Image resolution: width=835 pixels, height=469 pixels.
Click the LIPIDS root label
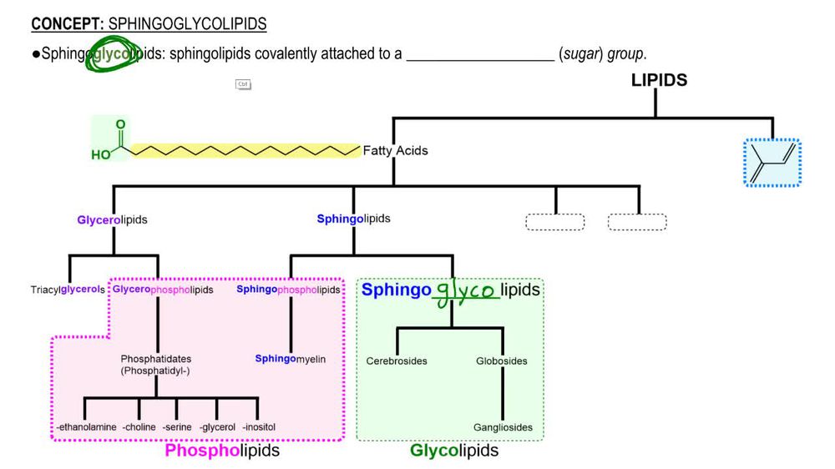click(659, 80)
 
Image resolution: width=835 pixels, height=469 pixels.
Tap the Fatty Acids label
click(395, 151)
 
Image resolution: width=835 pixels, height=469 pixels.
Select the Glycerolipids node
click(112, 220)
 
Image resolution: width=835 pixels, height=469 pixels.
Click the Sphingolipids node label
click(353, 219)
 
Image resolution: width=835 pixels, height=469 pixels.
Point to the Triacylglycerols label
click(68, 290)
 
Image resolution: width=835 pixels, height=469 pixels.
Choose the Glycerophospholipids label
click(163, 290)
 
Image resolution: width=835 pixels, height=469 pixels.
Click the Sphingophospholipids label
click(288, 290)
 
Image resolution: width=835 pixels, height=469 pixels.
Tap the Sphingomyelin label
click(291, 359)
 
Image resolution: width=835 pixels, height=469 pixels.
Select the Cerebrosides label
click(397, 361)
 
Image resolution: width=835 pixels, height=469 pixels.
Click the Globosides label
click(502, 361)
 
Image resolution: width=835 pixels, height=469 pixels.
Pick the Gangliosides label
click(503, 427)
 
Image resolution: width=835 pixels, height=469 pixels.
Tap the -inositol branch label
click(259, 427)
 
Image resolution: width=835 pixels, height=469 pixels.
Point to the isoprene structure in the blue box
click(772, 162)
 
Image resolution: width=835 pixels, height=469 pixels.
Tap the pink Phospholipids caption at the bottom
click(221, 451)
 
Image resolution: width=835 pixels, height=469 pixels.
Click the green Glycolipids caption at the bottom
click(454, 451)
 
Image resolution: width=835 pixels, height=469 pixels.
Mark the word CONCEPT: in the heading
click(68, 24)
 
